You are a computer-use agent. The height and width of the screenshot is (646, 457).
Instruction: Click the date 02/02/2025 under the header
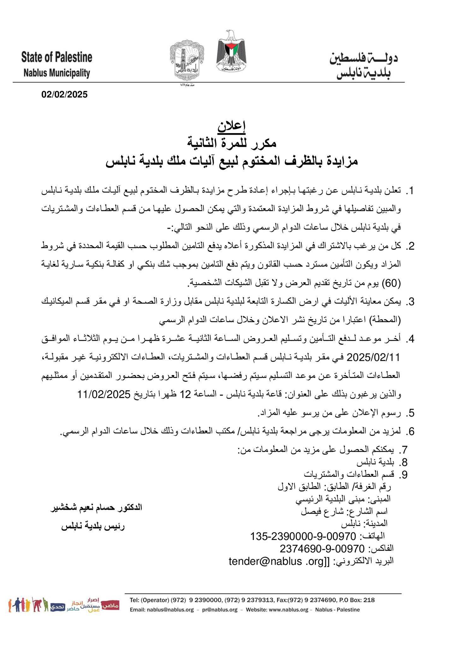point(64,95)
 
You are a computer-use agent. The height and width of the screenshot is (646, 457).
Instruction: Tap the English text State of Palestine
point(57,57)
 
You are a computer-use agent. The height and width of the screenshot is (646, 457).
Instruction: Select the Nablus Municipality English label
point(57,73)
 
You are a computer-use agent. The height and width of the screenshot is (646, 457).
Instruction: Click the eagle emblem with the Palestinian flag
point(231,51)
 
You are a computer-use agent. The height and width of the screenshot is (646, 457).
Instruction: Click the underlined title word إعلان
point(231,126)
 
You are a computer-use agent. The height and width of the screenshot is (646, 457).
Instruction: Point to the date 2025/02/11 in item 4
point(373,357)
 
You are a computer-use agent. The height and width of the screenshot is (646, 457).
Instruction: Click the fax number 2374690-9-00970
point(322,549)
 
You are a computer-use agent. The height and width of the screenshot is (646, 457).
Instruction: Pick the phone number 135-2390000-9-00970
point(303,536)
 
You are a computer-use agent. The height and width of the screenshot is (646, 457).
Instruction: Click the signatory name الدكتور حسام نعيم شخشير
point(97,508)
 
